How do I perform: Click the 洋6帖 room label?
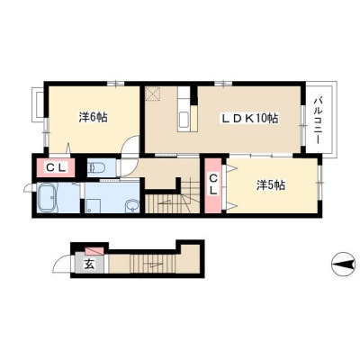(x=93, y=117)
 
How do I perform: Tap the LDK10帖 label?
(x=249, y=119)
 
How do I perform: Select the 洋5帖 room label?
(x=271, y=185)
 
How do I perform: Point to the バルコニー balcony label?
(x=318, y=121)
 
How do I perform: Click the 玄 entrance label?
(x=89, y=264)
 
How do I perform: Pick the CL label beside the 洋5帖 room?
(x=213, y=184)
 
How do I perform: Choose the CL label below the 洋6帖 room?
(x=56, y=168)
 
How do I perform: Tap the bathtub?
(x=46, y=197)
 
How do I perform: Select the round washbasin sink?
(x=132, y=206)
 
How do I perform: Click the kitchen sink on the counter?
(x=184, y=121)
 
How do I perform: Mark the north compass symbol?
(x=342, y=265)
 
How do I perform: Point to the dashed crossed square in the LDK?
(x=153, y=94)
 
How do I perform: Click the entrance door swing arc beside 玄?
(x=61, y=264)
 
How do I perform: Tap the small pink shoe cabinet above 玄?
(x=94, y=250)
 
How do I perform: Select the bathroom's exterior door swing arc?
(x=28, y=188)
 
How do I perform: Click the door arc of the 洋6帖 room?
(x=130, y=145)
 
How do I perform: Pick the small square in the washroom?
(x=93, y=207)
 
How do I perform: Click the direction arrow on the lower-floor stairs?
(x=153, y=265)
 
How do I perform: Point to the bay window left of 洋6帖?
(x=39, y=104)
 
